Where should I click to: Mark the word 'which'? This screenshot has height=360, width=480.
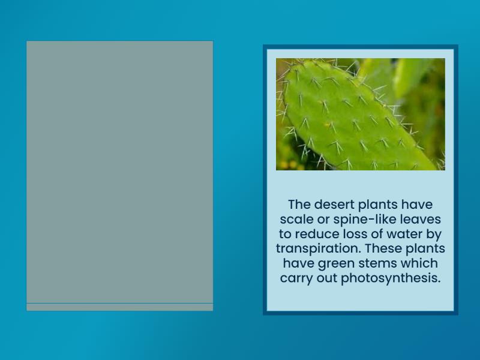tap(419, 263)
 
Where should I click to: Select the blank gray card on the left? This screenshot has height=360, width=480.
tap(119, 171)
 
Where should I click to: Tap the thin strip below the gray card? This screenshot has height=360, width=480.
tap(119, 307)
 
